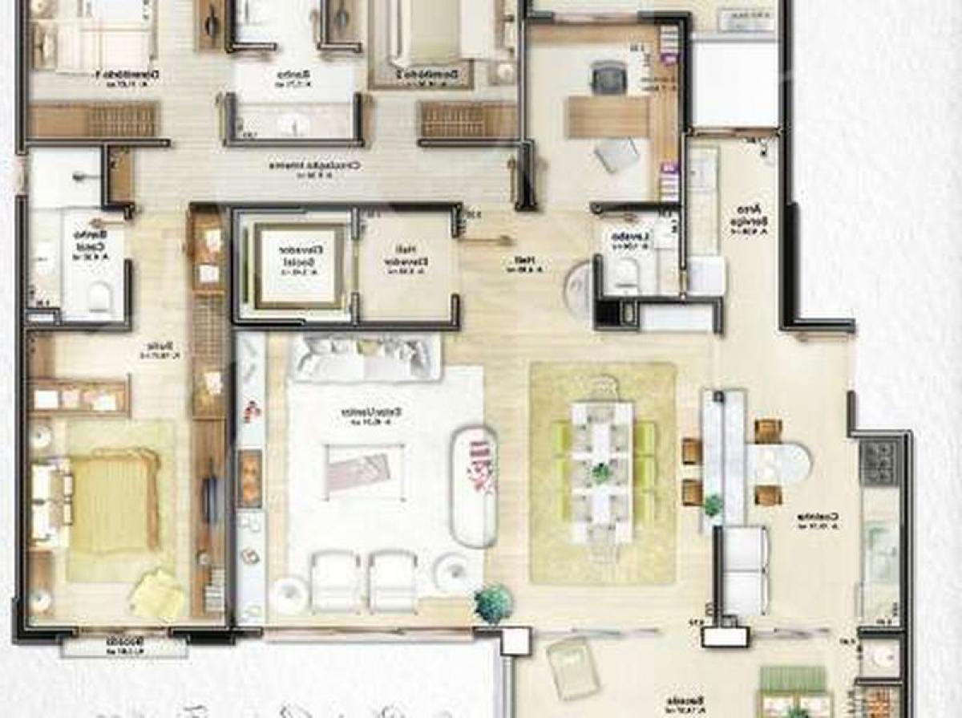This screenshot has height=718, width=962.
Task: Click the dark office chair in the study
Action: (608, 78)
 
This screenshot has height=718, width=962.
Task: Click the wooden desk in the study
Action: (607, 117)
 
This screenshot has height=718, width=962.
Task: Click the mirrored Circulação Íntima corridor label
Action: (314, 166)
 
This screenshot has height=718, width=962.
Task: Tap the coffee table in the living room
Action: (358, 469)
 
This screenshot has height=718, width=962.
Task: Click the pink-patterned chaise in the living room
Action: (475, 485)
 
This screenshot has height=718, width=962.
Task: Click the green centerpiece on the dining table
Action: (601, 473)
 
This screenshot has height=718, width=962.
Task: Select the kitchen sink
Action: (879, 546)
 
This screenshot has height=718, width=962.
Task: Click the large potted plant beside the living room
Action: (492, 602)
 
